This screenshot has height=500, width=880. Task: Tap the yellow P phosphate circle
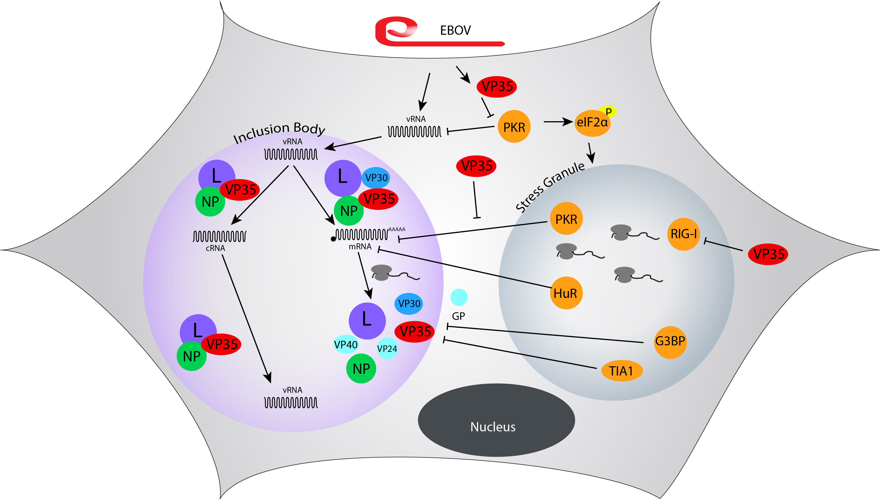[x=608, y=111]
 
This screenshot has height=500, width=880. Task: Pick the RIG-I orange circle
[x=683, y=234]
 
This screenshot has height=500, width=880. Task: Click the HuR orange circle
[x=566, y=293]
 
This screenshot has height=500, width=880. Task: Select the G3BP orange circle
[x=670, y=342]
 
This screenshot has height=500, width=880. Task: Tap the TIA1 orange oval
[x=622, y=371]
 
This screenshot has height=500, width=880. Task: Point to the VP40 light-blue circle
[x=345, y=345]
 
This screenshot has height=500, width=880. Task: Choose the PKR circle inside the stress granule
[x=566, y=219]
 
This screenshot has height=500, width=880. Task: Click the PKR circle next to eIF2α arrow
[x=514, y=127]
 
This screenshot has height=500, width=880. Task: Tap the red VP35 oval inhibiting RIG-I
[x=768, y=254]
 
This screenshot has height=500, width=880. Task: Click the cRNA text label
[x=215, y=248]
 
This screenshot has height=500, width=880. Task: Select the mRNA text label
[x=360, y=247]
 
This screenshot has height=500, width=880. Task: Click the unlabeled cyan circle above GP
[x=459, y=297]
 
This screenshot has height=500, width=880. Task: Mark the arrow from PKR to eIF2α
[x=558, y=122]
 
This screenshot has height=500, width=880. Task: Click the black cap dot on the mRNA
[x=333, y=239]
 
